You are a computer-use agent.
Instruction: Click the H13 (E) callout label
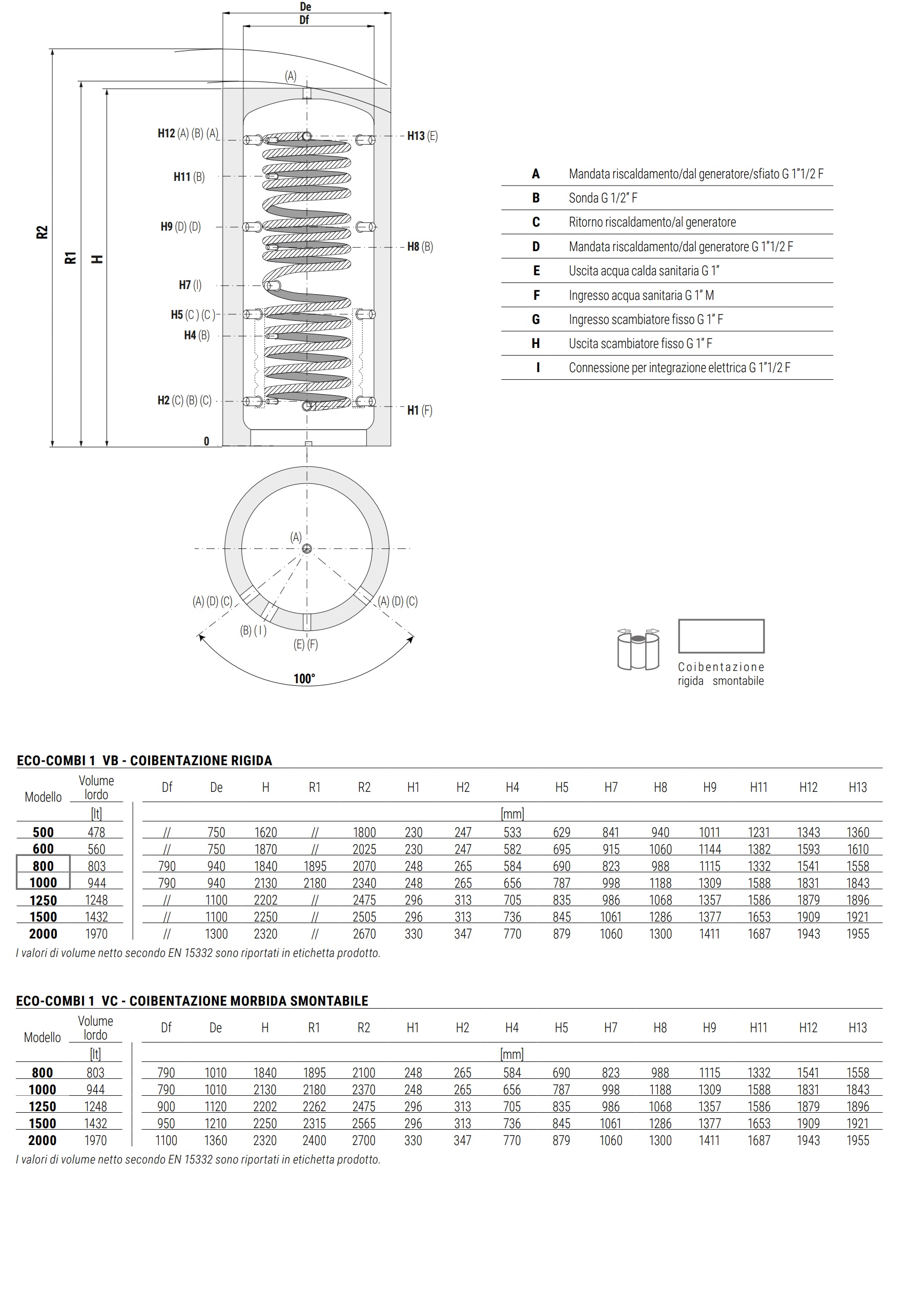click(x=422, y=136)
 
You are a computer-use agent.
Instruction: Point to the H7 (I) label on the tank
click(x=190, y=285)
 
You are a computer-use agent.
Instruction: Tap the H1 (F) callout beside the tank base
click(x=420, y=410)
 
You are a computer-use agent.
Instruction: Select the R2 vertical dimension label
click(x=42, y=232)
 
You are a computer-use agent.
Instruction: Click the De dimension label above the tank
click(x=305, y=7)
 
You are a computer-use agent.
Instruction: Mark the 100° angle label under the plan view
click(x=304, y=679)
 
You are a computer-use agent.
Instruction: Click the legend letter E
click(x=536, y=271)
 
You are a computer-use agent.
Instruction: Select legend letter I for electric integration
click(x=538, y=368)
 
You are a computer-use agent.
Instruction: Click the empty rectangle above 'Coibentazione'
click(x=721, y=636)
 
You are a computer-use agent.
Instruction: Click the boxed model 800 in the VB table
click(x=43, y=866)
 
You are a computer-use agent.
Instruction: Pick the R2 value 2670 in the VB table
click(x=364, y=934)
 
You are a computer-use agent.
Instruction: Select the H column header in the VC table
click(x=264, y=1028)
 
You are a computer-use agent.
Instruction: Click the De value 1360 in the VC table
click(x=215, y=1140)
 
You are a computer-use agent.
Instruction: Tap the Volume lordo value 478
click(x=96, y=832)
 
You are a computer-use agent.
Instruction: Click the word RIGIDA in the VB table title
click(x=248, y=760)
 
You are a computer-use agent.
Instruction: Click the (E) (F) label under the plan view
click(x=305, y=644)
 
